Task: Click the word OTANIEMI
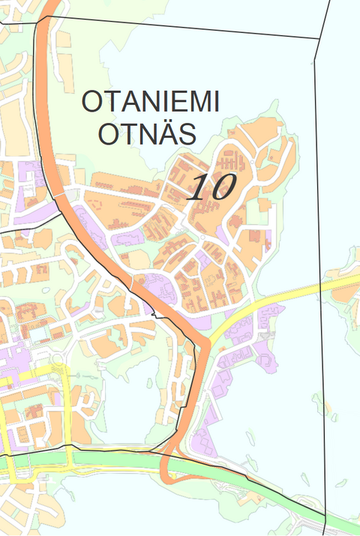coord(150,102)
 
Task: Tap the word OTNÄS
coord(147,135)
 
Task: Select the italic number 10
coord(211,187)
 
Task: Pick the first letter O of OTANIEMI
coord(91,102)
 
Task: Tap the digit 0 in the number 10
coord(222,187)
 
